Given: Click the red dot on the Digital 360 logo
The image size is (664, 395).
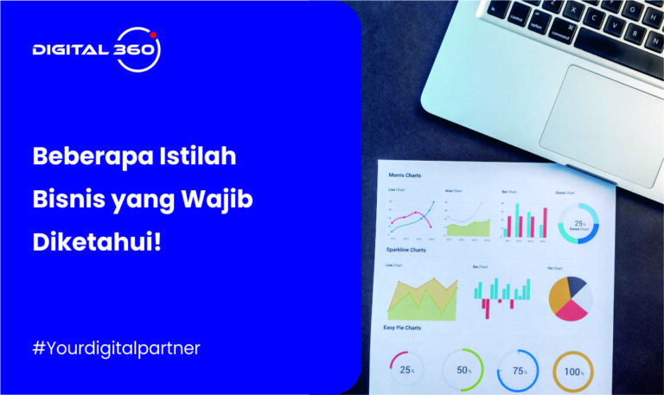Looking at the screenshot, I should (153, 35).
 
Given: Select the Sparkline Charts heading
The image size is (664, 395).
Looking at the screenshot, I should (406, 250).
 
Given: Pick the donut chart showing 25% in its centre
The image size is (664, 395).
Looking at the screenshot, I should (578, 223).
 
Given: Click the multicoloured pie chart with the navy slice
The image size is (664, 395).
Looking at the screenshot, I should (571, 298).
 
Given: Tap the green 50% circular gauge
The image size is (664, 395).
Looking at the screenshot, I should (463, 370).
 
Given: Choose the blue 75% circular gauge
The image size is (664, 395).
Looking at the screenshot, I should (517, 371).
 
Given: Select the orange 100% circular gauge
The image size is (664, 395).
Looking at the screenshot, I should (572, 372).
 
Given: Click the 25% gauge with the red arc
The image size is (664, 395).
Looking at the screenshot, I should (407, 370).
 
